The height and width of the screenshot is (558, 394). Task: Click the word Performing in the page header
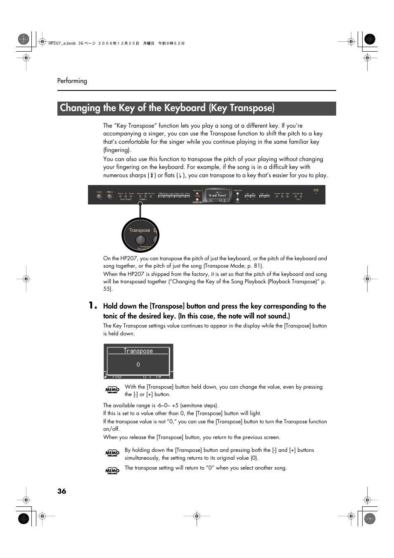[72, 81]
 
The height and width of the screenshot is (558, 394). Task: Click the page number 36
[62, 491]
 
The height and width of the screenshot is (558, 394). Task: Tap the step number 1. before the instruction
[93, 306]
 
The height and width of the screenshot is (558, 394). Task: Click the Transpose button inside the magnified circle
[140, 240]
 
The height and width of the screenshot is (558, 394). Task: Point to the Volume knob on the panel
[99, 197]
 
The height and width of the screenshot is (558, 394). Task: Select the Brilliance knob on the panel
[110, 197]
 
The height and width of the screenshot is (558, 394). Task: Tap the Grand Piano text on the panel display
[217, 195]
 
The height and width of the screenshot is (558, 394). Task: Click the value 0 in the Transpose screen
[138, 364]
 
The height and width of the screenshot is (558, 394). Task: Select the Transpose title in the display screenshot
[138, 351]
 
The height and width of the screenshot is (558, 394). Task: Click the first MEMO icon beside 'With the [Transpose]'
[112, 389]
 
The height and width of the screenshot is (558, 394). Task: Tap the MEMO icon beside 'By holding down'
[112, 453]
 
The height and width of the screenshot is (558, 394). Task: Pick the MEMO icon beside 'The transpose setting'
[112, 470]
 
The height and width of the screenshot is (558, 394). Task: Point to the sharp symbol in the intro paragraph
[152, 176]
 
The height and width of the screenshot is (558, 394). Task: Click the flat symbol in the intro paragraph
[180, 176]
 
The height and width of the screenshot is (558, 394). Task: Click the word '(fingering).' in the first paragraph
[117, 150]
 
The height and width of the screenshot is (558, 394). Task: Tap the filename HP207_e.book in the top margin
[62, 43]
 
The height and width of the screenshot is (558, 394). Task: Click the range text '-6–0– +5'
[168, 406]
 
